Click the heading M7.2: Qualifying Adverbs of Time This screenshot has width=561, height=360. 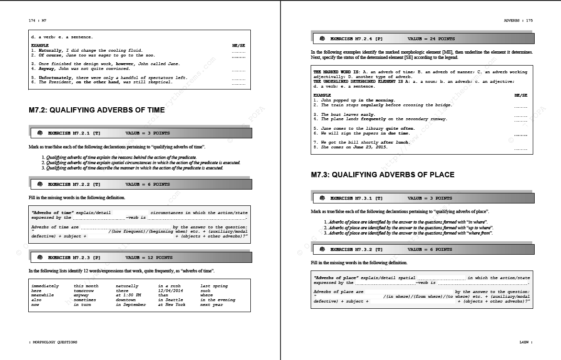(97, 110)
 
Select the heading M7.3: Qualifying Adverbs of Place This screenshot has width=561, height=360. (382, 175)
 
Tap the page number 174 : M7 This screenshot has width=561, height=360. (37, 21)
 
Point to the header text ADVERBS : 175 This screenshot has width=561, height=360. (518, 21)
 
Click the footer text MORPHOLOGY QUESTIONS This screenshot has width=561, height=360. (54, 342)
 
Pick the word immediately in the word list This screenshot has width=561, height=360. (45, 286)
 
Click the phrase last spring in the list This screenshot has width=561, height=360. (214, 286)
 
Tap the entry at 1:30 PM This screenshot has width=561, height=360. (128, 295)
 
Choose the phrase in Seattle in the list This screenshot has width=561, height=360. (170, 300)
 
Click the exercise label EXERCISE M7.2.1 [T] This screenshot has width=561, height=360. (74, 133)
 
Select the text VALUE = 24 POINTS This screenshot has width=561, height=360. (431, 39)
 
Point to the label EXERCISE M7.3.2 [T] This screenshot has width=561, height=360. (357, 249)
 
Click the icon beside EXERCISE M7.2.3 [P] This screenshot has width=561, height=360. (40, 258)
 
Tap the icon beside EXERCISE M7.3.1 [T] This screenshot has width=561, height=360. (323, 198)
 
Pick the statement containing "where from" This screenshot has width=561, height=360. (410, 233)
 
